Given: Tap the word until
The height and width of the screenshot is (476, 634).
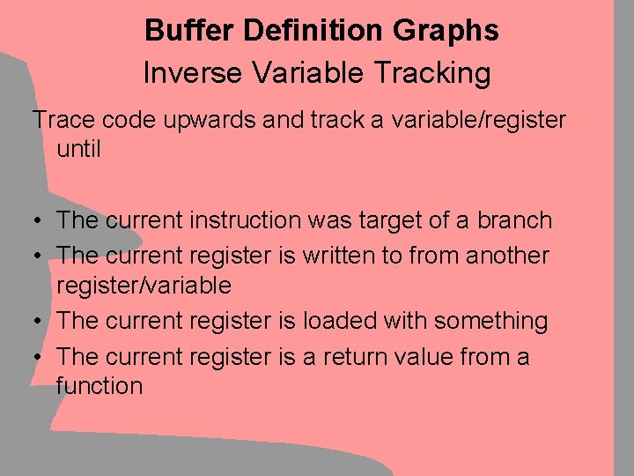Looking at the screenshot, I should (x=78, y=149).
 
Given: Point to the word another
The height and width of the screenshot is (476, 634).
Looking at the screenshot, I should (x=507, y=256).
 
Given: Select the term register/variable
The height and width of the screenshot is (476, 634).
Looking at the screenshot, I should (x=144, y=286).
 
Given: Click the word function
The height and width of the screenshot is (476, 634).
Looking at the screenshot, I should (x=99, y=386).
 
